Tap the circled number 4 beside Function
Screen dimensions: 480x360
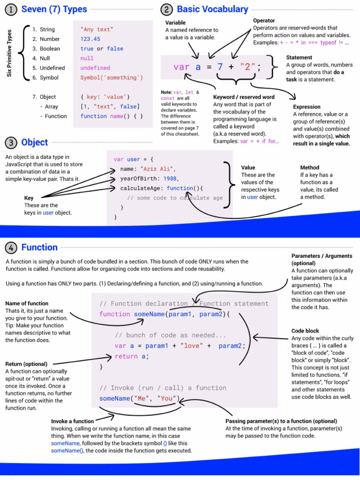[x=12, y=247]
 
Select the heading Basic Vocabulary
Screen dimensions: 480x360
[x=212, y=9]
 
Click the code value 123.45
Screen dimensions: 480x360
[x=90, y=39]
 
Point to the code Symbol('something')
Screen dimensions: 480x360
[x=112, y=77]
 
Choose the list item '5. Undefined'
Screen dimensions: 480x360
[x=49, y=68]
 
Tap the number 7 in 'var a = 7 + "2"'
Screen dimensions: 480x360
[x=220, y=67]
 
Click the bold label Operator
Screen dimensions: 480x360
[x=264, y=21]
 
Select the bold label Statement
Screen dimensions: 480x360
[x=299, y=57]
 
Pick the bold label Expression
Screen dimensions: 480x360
[x=307, y=107]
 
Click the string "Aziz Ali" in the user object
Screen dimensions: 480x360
[x=157, y=169]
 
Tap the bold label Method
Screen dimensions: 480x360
[x=309, y=167]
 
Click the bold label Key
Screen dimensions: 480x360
[x=29, y=198]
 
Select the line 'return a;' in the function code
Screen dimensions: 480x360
[x=131, y=356]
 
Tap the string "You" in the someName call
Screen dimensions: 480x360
[x=167, y=398]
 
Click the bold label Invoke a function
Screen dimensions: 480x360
[x=72, y=421]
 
